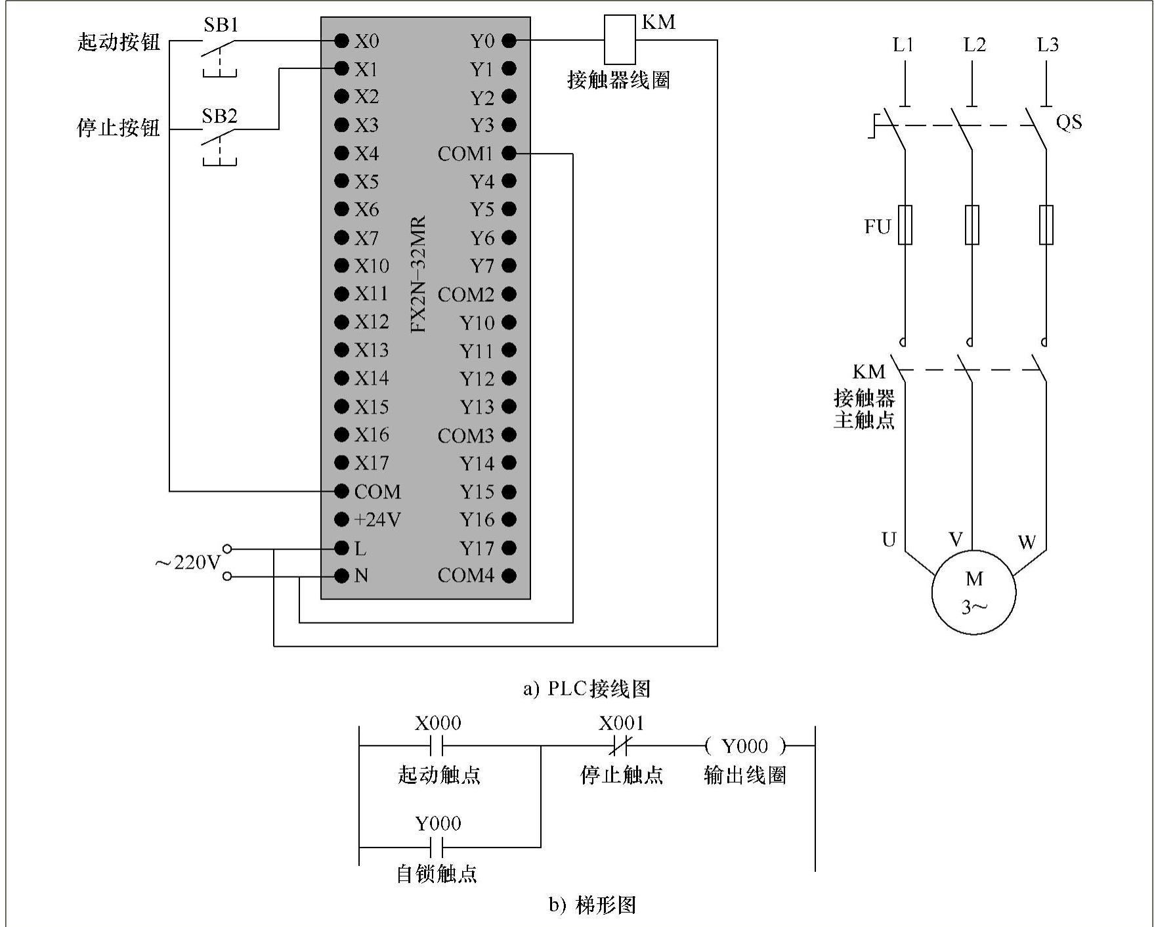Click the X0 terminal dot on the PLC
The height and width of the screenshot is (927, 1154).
pyautogui.click(x=341, y=41)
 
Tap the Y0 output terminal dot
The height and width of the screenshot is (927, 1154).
pyautogui.click(x=509, y=41)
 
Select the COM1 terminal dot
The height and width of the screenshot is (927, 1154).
pyautogui.click(x=509, y=154)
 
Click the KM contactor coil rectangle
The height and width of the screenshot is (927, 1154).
pyautogui.click(x=619, y=39)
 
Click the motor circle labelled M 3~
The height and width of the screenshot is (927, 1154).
pyautogui.click(x=973, y=592)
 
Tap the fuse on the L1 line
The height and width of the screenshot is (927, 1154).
pyautogui.click(x=905, y=225)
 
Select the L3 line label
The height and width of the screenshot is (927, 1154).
pyautogui.click(x=1048, y=45)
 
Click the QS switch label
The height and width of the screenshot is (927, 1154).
pyautogui.click(x=1069, y=122)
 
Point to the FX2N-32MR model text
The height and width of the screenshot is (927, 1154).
pyautogui.click(x=418, y=274)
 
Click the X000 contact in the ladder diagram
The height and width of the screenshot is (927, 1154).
pyautogui.click(x=437, y=746)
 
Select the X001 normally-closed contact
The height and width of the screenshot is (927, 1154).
pyautogui.click(x=621, y=746)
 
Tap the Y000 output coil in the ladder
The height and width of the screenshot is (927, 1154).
pyautogui.click(x=745, y=746)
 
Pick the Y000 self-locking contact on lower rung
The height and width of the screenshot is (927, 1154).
pyautogui.click(x=437, y=847)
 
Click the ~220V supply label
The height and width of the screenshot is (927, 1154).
pyautogui.click(x=188, y=563)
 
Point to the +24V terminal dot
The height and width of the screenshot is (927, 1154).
pyautogui.click(x=341, y=520)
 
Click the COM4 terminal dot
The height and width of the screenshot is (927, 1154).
pyautogui.click(x=509, y=576)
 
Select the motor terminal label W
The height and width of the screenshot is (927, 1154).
pyautogui.click(x=1027, y=542)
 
